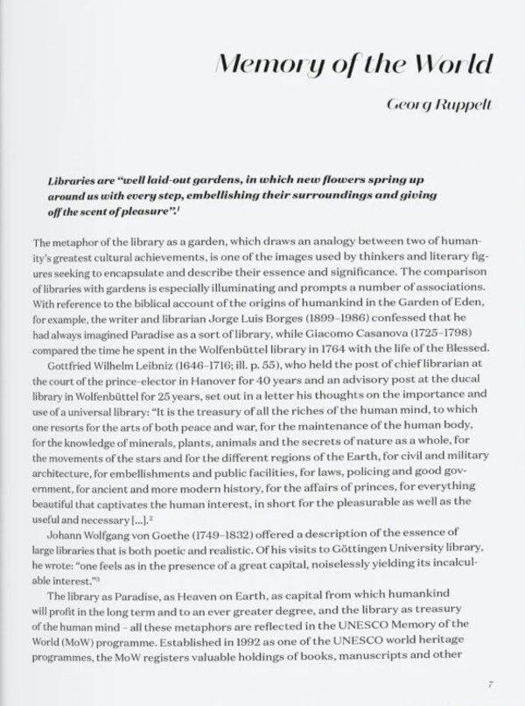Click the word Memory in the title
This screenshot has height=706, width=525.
pos(261,66)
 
